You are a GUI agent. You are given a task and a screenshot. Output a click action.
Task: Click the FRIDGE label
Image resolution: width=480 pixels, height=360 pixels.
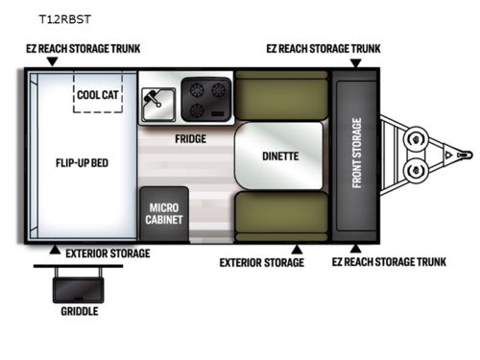pos(189,138)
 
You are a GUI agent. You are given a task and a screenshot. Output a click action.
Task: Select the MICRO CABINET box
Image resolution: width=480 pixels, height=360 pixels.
pos(165,212)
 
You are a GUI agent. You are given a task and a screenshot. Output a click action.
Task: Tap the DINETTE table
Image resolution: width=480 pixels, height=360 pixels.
pos(279,156)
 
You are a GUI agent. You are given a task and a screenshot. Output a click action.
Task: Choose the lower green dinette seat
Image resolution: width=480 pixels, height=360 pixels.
pos(282,216)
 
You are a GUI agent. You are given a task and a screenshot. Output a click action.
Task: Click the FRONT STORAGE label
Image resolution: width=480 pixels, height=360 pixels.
pos(356,155)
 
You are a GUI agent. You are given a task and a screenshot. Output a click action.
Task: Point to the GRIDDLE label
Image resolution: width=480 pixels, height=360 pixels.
pos(80,311)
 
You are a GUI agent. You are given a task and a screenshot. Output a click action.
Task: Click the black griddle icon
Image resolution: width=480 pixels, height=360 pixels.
pos(80,284)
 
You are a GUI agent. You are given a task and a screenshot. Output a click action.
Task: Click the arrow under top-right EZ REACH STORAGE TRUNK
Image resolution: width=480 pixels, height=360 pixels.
pos(355,63)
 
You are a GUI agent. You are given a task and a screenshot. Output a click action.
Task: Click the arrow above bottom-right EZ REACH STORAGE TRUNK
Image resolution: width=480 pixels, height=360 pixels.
pos(355,248)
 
